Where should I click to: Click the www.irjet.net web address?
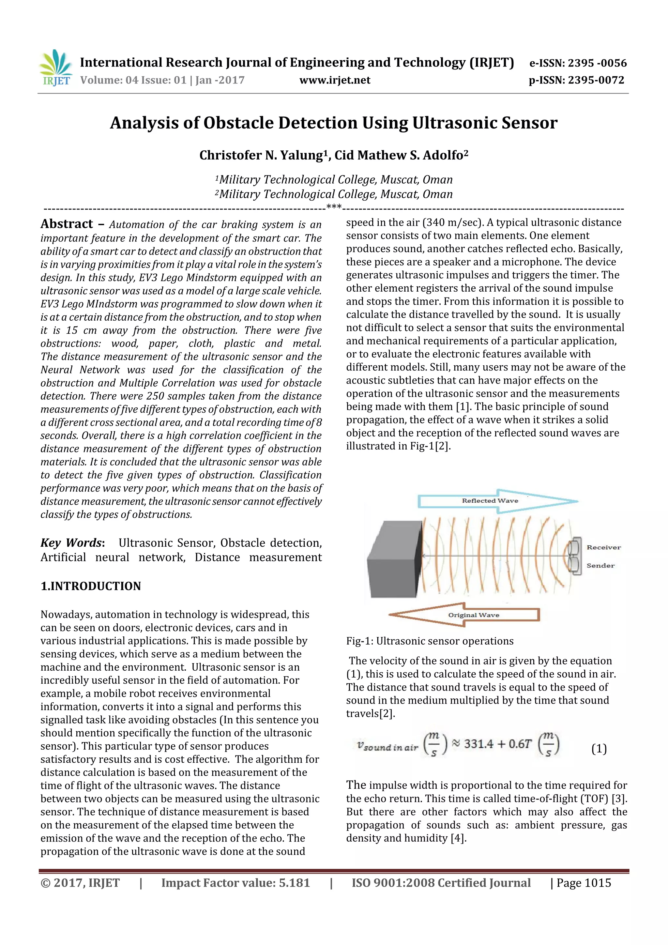pyautogui.click(x=335, y=80)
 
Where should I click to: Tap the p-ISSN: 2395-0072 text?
pyautogui.click(x=576, y=80)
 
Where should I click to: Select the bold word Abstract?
pyautogui.click(x=67, y=224)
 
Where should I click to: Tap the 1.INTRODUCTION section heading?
pyautogui.click(x=91, y=586)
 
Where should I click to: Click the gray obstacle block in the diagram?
pyautogui.click(x=394, y=560)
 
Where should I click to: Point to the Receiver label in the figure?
pyautogui.click(x=603, y=547)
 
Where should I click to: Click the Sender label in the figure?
pyautogui.click(x=600, y=566)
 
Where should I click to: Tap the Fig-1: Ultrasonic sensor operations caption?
pyautogui.click(x=430, y=641)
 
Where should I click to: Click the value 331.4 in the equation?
pyautogui.click(x=479, y=744)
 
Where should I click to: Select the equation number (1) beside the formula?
pyautogui.click(x=599, y=749)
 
